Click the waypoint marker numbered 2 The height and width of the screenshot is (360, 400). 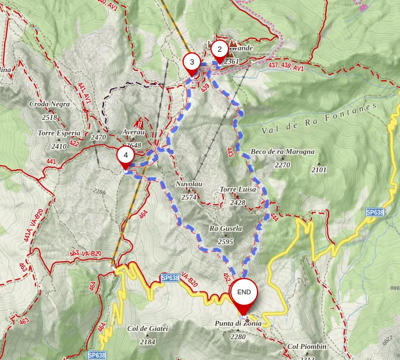coord(219,50)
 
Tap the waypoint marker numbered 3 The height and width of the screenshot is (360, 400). coord(192,62)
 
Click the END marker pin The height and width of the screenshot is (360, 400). coord(244,293)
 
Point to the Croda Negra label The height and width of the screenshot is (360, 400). coord(49,104)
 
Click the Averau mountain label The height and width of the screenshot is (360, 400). coord(133,132)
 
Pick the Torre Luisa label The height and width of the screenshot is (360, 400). coord(238,190)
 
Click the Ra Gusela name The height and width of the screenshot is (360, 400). coord(226,229)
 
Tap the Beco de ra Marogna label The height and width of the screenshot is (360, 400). coord(283,152)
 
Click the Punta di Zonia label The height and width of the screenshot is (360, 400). coord(238,324)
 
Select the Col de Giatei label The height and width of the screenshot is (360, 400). coord(148,329)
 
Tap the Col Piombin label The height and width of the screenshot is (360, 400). coord(307,347)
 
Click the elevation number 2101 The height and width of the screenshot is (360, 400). coord(319,170)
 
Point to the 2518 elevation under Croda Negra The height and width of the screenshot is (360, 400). coord(49,117)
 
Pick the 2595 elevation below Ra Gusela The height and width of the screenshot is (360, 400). coord(226,241)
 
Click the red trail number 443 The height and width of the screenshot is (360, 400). coord(231,152)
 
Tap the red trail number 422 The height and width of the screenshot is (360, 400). coord(74,142)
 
